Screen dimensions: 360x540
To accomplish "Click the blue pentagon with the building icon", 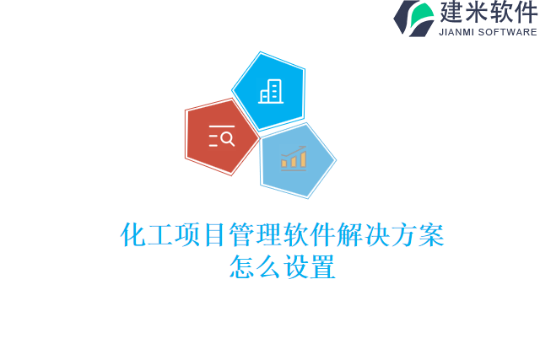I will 269,91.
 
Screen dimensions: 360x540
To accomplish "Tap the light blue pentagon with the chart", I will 295,159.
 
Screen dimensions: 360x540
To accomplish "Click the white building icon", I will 270,91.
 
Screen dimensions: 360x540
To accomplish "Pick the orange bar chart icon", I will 294,158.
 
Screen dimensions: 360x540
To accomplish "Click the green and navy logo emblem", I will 413,18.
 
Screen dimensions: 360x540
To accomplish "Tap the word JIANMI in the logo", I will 456,33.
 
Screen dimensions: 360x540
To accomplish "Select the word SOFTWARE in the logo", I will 508,33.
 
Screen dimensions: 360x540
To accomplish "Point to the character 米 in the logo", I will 478,13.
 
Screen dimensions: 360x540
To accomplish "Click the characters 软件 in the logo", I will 514,13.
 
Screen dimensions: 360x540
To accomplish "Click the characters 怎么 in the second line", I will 256,267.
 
